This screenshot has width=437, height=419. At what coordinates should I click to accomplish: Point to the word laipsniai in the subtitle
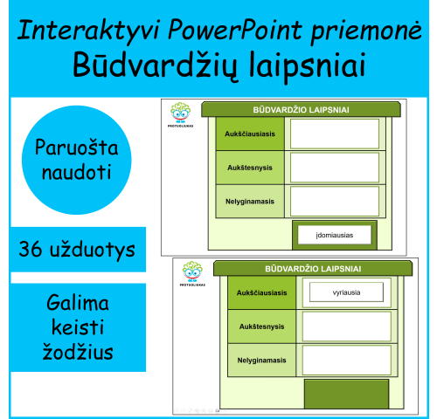[x=302, y=65]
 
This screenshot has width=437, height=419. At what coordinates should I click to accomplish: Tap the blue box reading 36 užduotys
[x=78, y=250]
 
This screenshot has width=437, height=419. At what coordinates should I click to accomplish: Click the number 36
[x=34, y=250]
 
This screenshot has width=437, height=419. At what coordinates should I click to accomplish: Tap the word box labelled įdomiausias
[x=334, y=235]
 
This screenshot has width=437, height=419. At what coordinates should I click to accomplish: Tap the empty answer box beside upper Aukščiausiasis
[x=334, y=134]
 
